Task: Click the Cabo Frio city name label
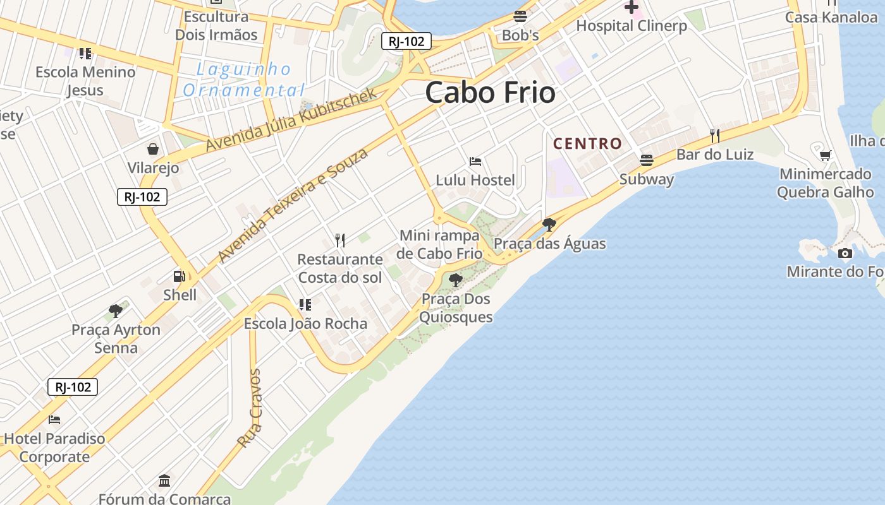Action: tap(491, 93)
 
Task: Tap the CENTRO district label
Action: tap(588, 144)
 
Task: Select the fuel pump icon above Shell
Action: tap(180, 276)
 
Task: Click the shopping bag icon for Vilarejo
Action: tap(153, 149)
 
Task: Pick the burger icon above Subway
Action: tap(646, 160)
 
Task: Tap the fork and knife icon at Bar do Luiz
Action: tap(715, 135)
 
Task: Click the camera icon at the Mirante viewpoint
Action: tap(845, 254)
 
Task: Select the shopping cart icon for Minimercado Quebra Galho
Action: tap(825, 155)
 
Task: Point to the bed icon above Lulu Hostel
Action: tap(475, 162)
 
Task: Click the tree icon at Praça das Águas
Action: tap(549, 224)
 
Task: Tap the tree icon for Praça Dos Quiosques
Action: tap(455, 280)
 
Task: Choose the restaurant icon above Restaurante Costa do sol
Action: tap(340, 240)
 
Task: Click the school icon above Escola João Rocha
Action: tap(305, 305)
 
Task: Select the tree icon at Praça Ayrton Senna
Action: tap(116, 311)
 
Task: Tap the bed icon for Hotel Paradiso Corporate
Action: tap(54, 419)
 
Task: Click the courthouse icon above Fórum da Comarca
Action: tap(164, 480)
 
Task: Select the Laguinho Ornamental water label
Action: tap(243, 80)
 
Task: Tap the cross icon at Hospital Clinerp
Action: tap(631, 8)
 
